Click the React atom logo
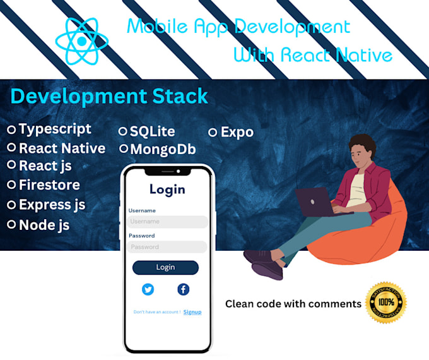[82, 41]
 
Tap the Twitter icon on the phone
[148, 289]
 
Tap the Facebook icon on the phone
[183, 289]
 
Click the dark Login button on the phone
[165, 267]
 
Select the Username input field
[167, 222]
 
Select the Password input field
[167, 247]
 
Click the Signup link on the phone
[192, 312]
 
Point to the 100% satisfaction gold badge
[385, 303]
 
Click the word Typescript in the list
[55, 129]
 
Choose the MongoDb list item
[162, 150]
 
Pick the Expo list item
[237, 132]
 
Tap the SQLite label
[152, 131]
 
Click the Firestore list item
[49, 185]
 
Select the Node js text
[44, 225]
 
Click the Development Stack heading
[109, 96]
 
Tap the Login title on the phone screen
[167, 189]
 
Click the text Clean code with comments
[293, 304]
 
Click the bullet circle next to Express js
[11, 205]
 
